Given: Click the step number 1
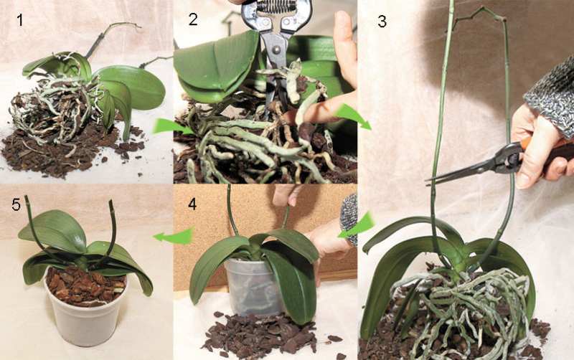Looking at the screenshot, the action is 20,20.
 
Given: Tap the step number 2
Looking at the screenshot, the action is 193,19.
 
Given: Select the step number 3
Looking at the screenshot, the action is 382,22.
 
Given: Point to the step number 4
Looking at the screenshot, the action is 192,204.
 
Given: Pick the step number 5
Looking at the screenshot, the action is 16,205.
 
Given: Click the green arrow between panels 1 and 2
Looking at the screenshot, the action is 171,126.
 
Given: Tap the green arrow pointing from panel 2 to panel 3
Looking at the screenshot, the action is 353,115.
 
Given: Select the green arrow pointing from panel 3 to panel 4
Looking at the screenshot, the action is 356,225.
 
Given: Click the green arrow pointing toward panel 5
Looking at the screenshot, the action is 174,235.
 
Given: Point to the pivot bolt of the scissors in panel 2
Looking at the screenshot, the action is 275,48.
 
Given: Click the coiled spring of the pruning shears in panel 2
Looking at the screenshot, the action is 277,6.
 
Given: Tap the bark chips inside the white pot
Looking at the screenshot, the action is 86,286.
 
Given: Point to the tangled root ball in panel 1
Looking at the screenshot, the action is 55,110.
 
